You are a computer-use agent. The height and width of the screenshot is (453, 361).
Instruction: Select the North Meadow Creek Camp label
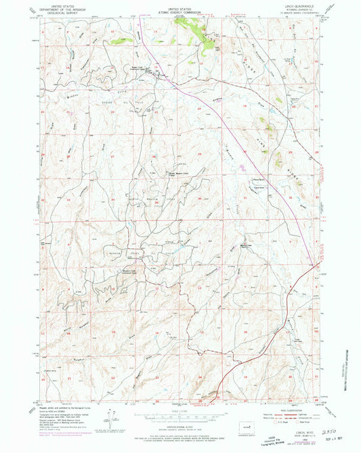(177, 175)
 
